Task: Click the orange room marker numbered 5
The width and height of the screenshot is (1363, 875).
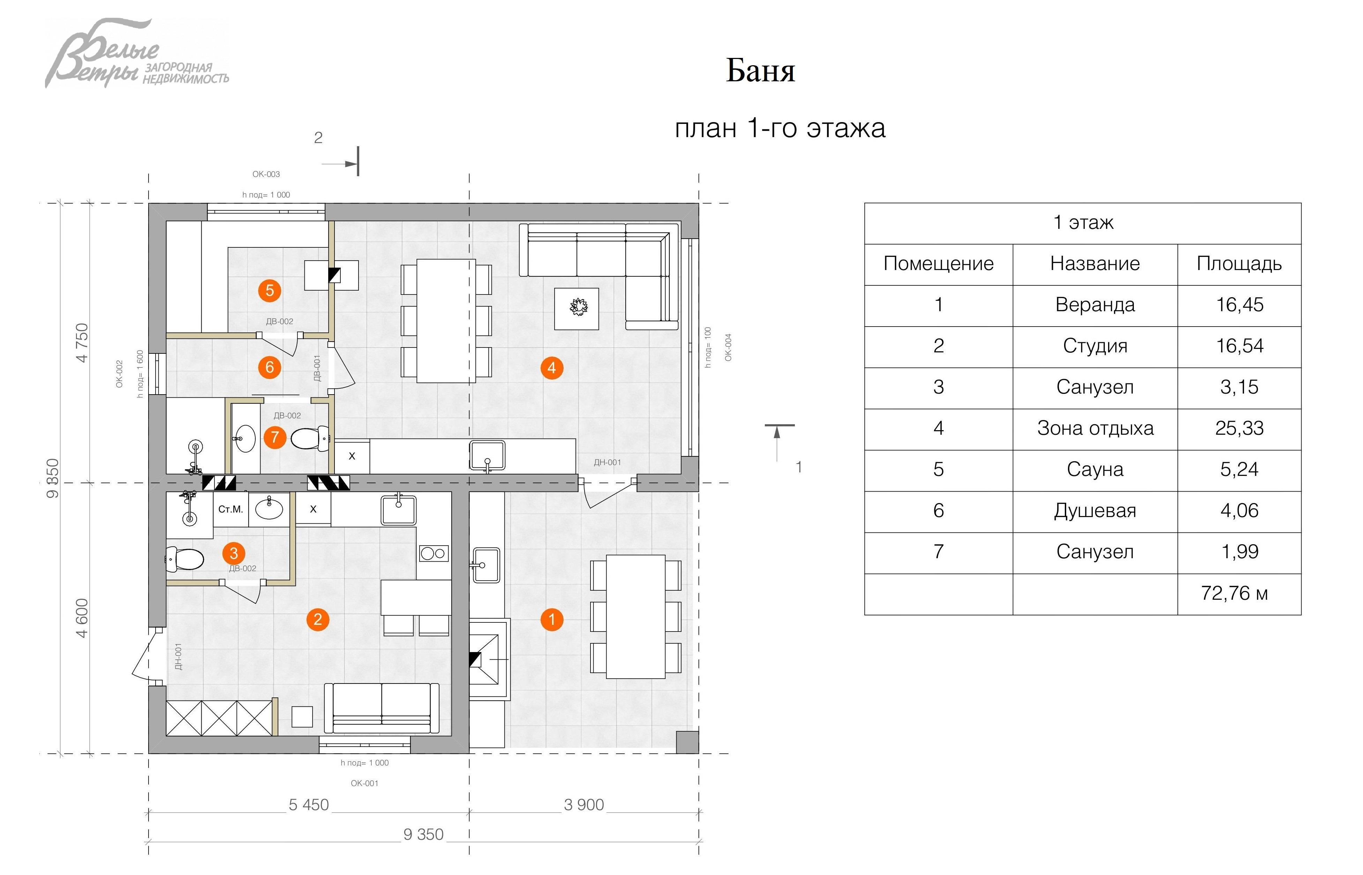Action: click(x=270, y=290)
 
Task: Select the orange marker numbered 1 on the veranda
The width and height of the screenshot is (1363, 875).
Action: click(x=551, y=619)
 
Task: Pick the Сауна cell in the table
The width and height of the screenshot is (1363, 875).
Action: click(x=1094, y=469)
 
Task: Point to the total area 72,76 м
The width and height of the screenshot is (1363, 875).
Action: click(x=1234, y=593)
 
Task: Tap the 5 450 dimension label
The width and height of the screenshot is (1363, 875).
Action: click(x=308, y=805)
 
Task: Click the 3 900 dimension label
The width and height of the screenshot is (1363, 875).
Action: click(x=584, y=805)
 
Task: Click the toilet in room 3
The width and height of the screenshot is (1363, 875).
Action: click(x=185, y=559)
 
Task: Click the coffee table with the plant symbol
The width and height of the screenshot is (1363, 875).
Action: click(x=577, y=308)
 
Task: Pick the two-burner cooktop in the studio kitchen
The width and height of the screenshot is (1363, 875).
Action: click(x=434, y=553)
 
